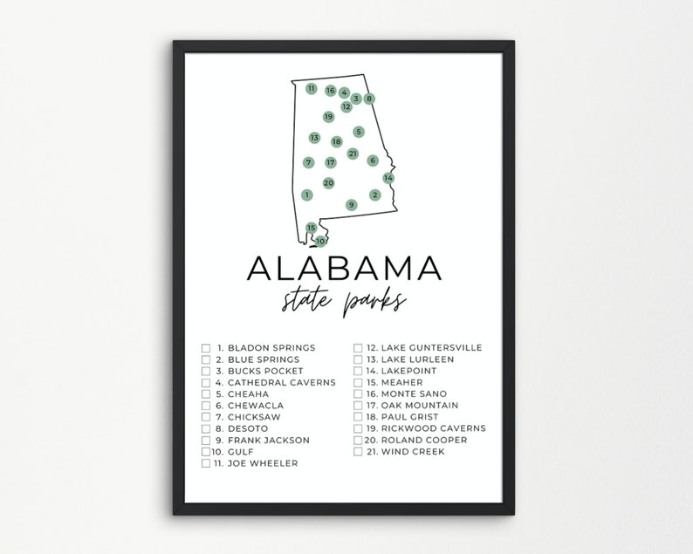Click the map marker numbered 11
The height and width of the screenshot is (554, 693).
pyautogui.click(x=311, y=88)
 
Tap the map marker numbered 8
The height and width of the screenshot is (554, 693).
pyautogui.click(x=369, y=99)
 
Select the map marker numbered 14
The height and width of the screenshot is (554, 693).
pyautogui.click(x=388, y=178)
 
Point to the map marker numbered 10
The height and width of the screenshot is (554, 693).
pyautogui.click(x=321, y=241)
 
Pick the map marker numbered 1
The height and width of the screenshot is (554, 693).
pyautogui.click(x=307, y=195)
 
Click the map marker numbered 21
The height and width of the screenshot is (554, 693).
pyautogui.click(x=353, y=154)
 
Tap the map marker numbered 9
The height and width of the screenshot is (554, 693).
pyautogui.click(x=351, y=205)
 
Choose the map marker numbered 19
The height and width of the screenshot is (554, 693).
pyautogui.click(x=328, y=117)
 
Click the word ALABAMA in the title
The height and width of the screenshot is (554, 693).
pyautogui.click(x=346, y=270)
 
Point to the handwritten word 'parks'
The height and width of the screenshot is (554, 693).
pyautogui.click(x=376, y=303)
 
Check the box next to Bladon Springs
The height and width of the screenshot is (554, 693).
pyautogui.click(x=206, y=348)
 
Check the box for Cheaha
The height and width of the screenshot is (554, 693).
pyautogui.click(x=206, y=393)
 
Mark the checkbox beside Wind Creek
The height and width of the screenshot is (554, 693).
pyautogui.click(x=358, y=451)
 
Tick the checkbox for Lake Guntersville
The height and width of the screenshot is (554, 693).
pyautogui.click(x=358, y=348)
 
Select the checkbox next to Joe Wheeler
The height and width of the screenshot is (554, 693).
pyautogui.click(x=206, y=463)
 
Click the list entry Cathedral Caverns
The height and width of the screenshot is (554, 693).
pyautogui.click(x=271, y=382)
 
